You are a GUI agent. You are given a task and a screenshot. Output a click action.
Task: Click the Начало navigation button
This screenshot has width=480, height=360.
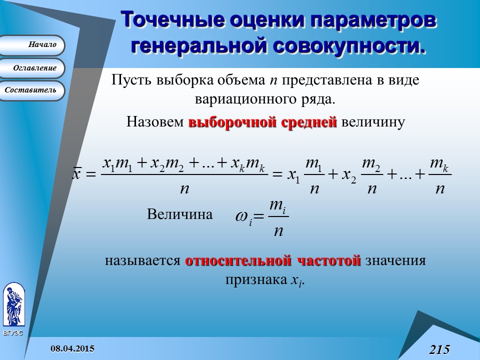pyautogui.click(x=32, y=45)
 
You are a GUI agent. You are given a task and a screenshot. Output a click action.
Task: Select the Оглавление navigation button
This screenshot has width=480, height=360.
pyautogui.click(x=32, y=68)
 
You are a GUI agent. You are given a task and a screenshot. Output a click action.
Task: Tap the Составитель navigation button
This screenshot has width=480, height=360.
pyautogui.click(x=32, y=90)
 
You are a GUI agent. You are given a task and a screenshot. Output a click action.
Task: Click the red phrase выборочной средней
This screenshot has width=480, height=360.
pyautogui.click(x=262, y=122)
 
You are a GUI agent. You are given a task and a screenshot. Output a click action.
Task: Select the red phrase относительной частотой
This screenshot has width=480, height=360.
pyautogui.click(x=273, y=260)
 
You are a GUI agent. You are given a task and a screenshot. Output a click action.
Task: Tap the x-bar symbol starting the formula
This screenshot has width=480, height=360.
pyautogui.click(x=77, y=174)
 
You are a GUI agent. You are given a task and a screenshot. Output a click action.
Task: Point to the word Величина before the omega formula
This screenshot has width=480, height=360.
pyautogui.click(x=179, y=214)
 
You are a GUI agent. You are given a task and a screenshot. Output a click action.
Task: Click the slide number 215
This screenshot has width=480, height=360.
pyautogui.click(x=439, y=349)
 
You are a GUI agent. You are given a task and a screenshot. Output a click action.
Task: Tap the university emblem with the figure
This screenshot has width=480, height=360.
pyautogui.click(x=13, y=304)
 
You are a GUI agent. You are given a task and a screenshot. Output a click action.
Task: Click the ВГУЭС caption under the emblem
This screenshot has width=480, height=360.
pyautogui.click(x=13, y=333)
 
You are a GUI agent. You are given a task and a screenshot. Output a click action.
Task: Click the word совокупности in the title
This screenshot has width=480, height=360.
pyautogui.click(x=350, y=44)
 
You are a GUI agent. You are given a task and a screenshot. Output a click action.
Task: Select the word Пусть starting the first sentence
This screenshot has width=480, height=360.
pyautogui.click(x=131, y=80)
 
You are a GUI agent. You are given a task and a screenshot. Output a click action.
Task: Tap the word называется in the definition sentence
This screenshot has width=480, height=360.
pyautogui.click(x=142, y=261)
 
